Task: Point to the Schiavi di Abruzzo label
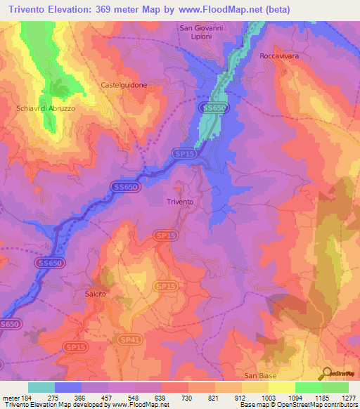point(45,108)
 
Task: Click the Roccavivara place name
point(283,56)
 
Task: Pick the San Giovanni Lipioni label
point(201,32)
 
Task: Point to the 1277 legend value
point(347,397)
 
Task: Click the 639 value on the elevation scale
point(160,397)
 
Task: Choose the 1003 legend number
point(267,397)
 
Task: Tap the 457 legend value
point(108,397)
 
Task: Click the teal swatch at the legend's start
point(41,387)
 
